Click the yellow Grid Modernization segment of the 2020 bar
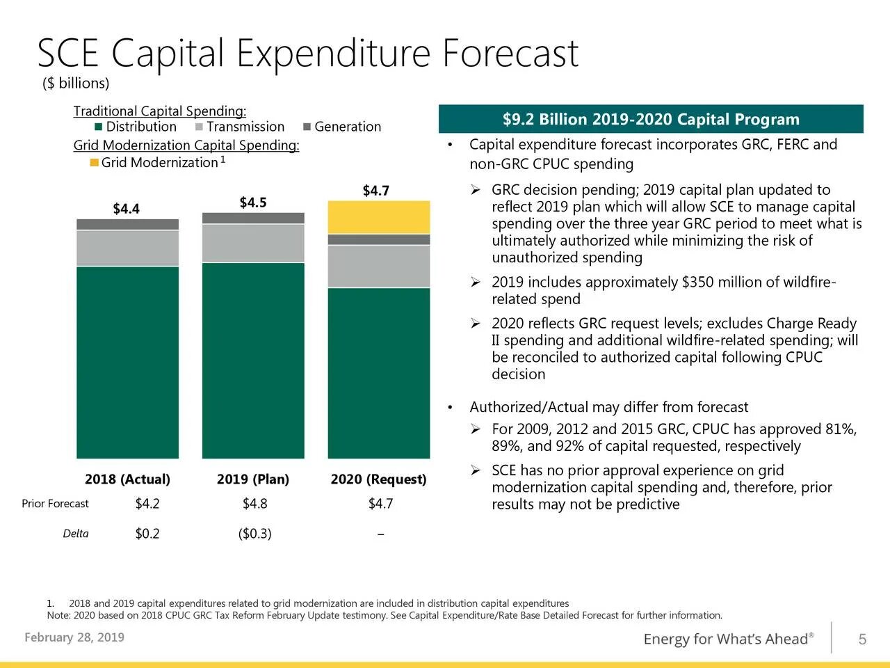(x=379, y=217)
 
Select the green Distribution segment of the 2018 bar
(x=127, y=362)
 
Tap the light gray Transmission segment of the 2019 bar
(x=253, y=243)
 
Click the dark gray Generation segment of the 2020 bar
(x=379, y=239)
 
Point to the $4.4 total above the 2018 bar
(x=126, y=209)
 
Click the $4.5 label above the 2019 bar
(x=253, y=202)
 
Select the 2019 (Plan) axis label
(x=253, y=479)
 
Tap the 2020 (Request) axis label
(x=378, y=479)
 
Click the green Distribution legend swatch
(x=99, y=127)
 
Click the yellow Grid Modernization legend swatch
(x=95, y=163)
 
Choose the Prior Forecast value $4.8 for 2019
(x=254, y=504)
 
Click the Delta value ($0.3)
(x=254, y=534)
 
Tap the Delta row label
(x=76, y=534)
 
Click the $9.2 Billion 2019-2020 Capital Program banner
(x=651, y=120)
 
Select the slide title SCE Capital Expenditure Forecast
(x=307, y=53)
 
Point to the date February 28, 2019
(x=74, y=637)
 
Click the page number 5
(x=862, y=639)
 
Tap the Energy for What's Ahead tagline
(x=729, y=639)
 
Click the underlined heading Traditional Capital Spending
(x=160, y=111)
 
